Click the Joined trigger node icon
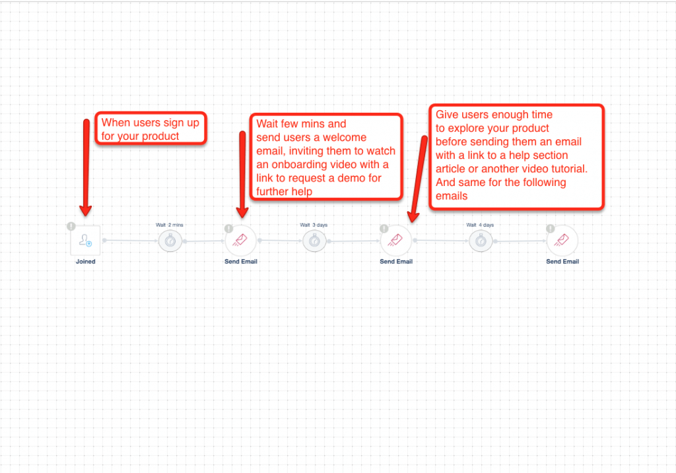click(85, 240)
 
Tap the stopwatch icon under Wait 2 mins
click(170, 241)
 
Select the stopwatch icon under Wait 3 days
click(314, 241)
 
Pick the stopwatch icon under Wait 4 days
click(481, 241)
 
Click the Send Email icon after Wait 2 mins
click(240, 240)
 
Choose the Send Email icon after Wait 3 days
click(396, 240)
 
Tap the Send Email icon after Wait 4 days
click(562, 240)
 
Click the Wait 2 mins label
click(170, 225)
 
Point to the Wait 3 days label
click(314, 225)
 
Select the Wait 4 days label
click(481, 225)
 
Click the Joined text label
click(85, 261)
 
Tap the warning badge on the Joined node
click(71, 226)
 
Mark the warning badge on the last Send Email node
click(551, 228)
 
